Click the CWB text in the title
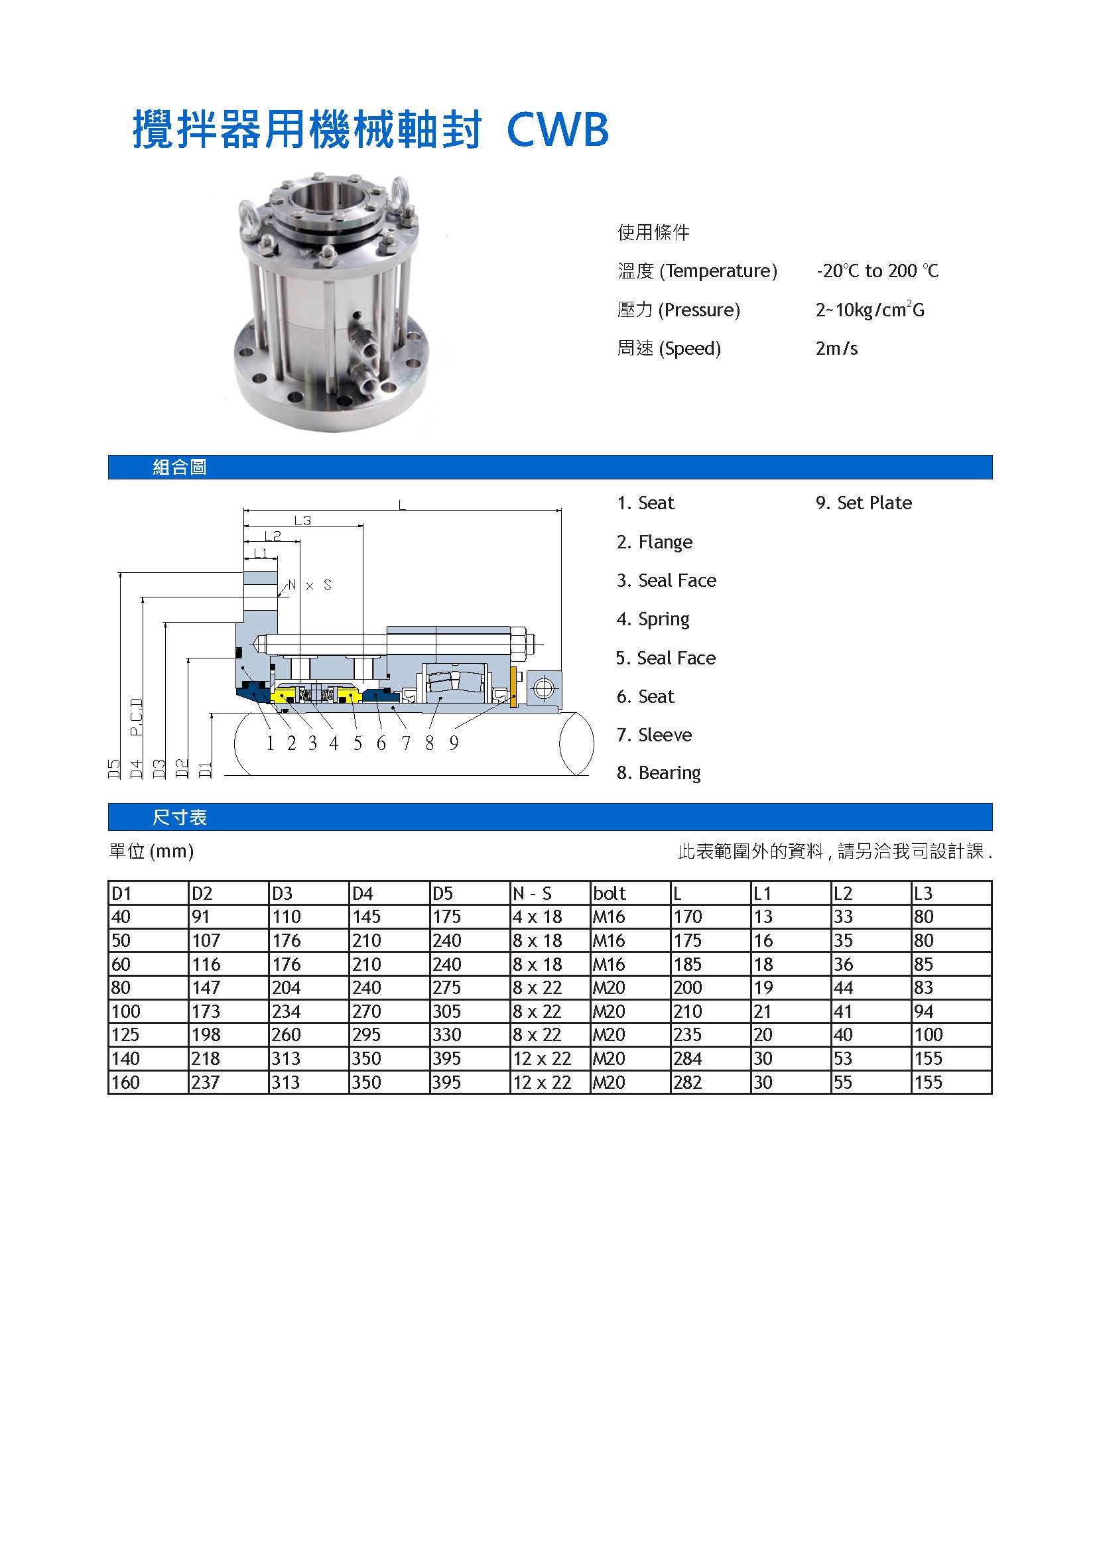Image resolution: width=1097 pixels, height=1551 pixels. coord(557,130)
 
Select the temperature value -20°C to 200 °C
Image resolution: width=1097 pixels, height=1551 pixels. coord(877,271)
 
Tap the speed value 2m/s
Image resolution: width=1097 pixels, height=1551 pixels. coord(836,349)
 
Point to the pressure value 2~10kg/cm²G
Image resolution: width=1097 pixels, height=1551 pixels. coord(870,310)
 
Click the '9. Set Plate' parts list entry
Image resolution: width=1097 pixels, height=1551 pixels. coord(864,503)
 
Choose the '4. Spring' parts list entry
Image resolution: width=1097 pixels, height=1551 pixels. coord(653,619)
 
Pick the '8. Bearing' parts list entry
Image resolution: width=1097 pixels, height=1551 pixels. coord(658,773)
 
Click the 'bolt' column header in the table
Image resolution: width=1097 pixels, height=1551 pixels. coord(610,893)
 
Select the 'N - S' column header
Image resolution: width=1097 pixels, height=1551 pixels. coord(532,893)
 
